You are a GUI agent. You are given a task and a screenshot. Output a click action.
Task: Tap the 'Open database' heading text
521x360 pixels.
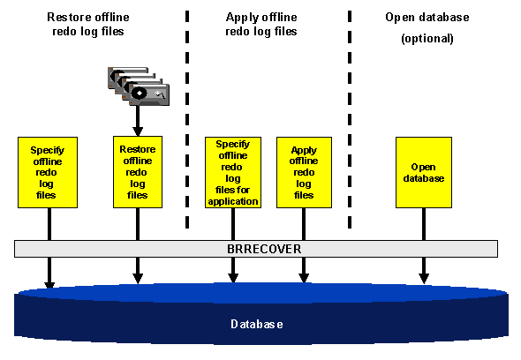427,18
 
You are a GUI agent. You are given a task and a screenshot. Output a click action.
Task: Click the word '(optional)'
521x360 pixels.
427,39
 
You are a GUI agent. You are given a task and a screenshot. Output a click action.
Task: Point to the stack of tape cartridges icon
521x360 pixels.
137,86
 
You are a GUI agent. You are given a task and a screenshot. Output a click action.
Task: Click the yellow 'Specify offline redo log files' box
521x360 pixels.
48,172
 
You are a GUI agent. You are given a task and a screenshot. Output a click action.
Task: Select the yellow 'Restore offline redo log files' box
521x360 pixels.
138,172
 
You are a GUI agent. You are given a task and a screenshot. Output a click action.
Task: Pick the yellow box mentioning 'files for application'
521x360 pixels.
232,172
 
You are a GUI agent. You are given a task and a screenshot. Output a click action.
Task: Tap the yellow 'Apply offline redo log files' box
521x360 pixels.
304,172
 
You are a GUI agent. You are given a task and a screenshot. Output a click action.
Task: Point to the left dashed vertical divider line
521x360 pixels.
186,115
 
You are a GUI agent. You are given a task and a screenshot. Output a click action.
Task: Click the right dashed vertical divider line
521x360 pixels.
350,115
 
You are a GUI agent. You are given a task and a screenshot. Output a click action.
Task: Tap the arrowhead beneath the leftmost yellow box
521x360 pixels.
49,283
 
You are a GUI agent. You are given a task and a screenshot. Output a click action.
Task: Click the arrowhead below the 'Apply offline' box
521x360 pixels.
304,279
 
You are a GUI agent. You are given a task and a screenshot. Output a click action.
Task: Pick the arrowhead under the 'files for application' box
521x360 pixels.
233,279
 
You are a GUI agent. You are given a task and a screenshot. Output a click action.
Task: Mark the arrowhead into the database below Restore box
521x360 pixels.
138,279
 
